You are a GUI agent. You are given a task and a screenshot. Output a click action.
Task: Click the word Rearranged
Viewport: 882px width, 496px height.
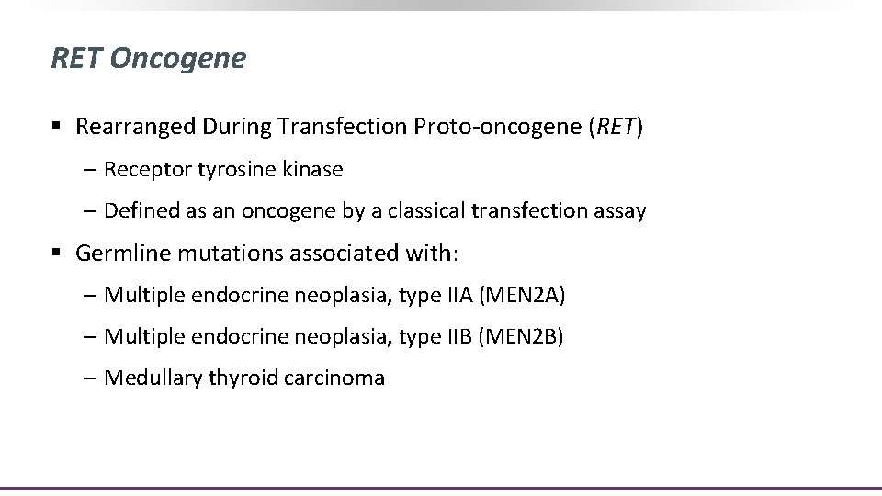pyautogui.click(x=135, y=127)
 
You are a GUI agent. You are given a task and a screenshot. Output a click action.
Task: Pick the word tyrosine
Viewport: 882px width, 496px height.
pyautogui.click(x=233, y=169)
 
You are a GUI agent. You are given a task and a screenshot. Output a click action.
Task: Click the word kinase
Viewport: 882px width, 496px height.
pyautogui.click(x=313, y=169)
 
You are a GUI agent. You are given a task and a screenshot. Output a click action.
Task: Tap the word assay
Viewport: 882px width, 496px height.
pyautogui.click(x=621, y=211)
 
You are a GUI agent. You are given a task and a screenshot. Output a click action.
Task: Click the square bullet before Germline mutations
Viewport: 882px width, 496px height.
pyautogui.click(x=58, y=254)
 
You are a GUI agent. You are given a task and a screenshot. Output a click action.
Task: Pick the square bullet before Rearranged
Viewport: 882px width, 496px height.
pyautogui.click(x=58, y=128)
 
